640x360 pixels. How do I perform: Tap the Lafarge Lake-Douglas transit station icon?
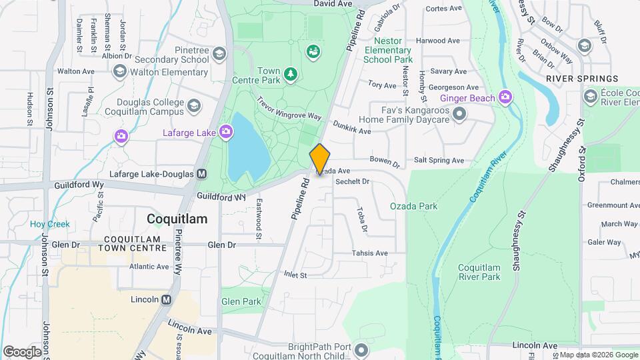coord(201,174)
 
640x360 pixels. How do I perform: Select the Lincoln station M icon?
coord(166,299)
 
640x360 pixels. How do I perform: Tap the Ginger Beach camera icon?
coord(505,98)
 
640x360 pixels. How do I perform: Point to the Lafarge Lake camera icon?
coord(226,132)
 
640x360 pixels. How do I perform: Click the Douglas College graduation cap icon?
coord(193,106)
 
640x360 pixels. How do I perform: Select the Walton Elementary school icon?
coord(120,71)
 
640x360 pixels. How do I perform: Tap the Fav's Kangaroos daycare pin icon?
coord(459,115)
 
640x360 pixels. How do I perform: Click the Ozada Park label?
coord(413,206)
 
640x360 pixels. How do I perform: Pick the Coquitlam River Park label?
coord(479,272)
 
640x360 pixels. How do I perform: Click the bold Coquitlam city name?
coord(176,219)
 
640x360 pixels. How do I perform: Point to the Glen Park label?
coord(241,301)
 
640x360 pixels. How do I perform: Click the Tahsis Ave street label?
coord(370,253)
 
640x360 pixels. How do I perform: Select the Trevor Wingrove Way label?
coord(289,110)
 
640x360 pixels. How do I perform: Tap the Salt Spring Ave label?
coord(439,161)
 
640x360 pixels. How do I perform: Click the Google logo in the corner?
coord(21,351)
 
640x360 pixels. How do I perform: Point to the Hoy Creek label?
coord(49,225)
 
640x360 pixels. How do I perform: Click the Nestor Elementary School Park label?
coord(388,50)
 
